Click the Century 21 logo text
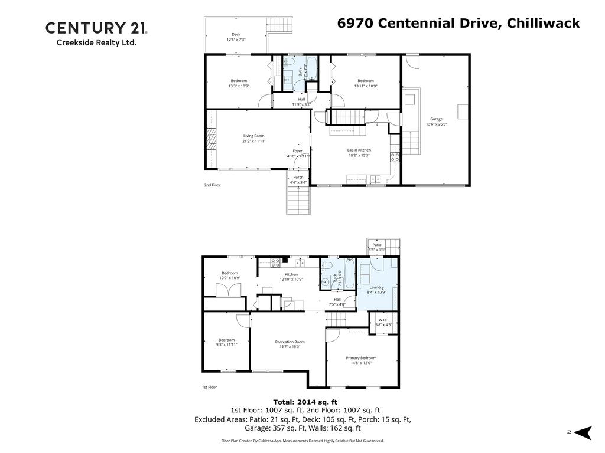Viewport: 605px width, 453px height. (96, 28)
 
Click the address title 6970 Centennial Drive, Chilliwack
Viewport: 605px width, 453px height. (458, 23)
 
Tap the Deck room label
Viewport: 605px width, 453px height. (236, 34)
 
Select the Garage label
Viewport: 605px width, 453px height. (436, 119)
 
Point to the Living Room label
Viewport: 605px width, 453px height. (253, 136)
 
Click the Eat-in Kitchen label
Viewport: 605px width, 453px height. (359, 150)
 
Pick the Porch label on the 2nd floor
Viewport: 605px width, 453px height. (298, 177)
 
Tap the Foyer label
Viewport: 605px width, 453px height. (298, 151)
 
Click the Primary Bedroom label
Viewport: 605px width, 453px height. (361, 358)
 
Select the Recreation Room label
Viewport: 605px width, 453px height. (290, 342)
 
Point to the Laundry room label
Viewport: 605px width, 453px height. (377, 287)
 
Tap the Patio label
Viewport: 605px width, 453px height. (377, 244)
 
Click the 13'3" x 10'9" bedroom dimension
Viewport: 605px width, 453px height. (239, 86)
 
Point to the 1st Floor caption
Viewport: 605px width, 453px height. (209, 388)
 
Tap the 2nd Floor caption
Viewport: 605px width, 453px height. (212, 185)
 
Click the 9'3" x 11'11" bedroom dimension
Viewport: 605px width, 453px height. (226, 344)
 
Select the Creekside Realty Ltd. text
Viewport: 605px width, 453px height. (96, 42)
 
